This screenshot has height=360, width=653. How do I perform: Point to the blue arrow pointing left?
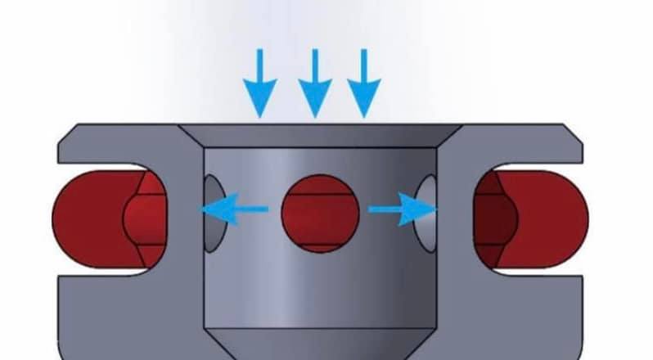click(x=233, y=209)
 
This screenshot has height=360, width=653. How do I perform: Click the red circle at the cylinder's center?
click(x=320, y=210)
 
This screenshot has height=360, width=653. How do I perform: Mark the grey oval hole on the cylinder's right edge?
click(x=426, y=211)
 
